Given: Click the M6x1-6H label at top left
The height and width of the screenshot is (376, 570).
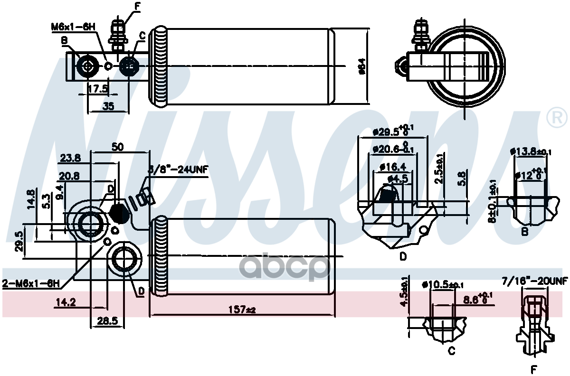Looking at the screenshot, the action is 74,27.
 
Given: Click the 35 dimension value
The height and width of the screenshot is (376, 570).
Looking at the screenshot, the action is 108,106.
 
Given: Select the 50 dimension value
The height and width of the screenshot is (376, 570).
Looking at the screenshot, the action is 117,147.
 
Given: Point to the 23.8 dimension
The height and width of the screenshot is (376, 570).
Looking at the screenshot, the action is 71,158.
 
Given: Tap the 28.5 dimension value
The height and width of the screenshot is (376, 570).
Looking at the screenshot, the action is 108,321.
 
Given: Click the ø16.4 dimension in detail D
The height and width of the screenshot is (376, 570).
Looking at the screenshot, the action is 392,167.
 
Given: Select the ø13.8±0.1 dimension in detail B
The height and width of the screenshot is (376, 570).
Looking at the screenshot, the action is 531,152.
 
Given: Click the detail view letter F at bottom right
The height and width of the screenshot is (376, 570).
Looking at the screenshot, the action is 533,369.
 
